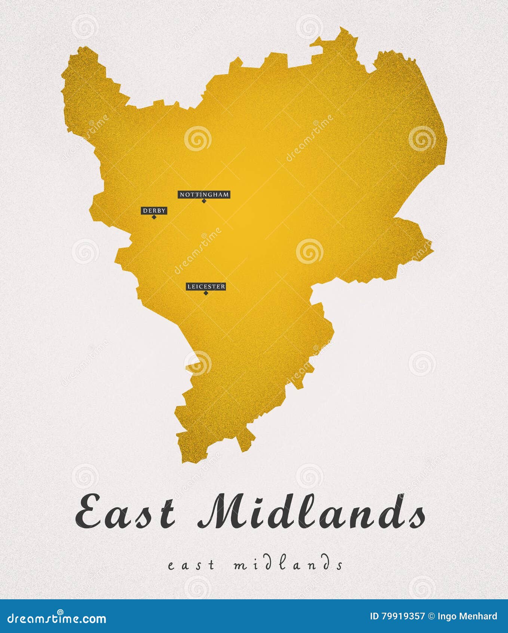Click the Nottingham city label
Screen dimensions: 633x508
tap(204, 194)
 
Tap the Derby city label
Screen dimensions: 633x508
tap(154, 211)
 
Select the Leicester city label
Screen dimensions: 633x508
tap(206, 287)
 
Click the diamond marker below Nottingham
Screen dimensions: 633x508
tap(204, 201)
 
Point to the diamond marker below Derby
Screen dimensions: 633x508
tap(154, 217)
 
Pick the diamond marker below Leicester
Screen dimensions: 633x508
tap(205, 293)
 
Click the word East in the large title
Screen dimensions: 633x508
tap(125, 511)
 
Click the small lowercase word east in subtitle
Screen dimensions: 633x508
tap(192, 565)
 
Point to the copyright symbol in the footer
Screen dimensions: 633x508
tap(431, 616)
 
